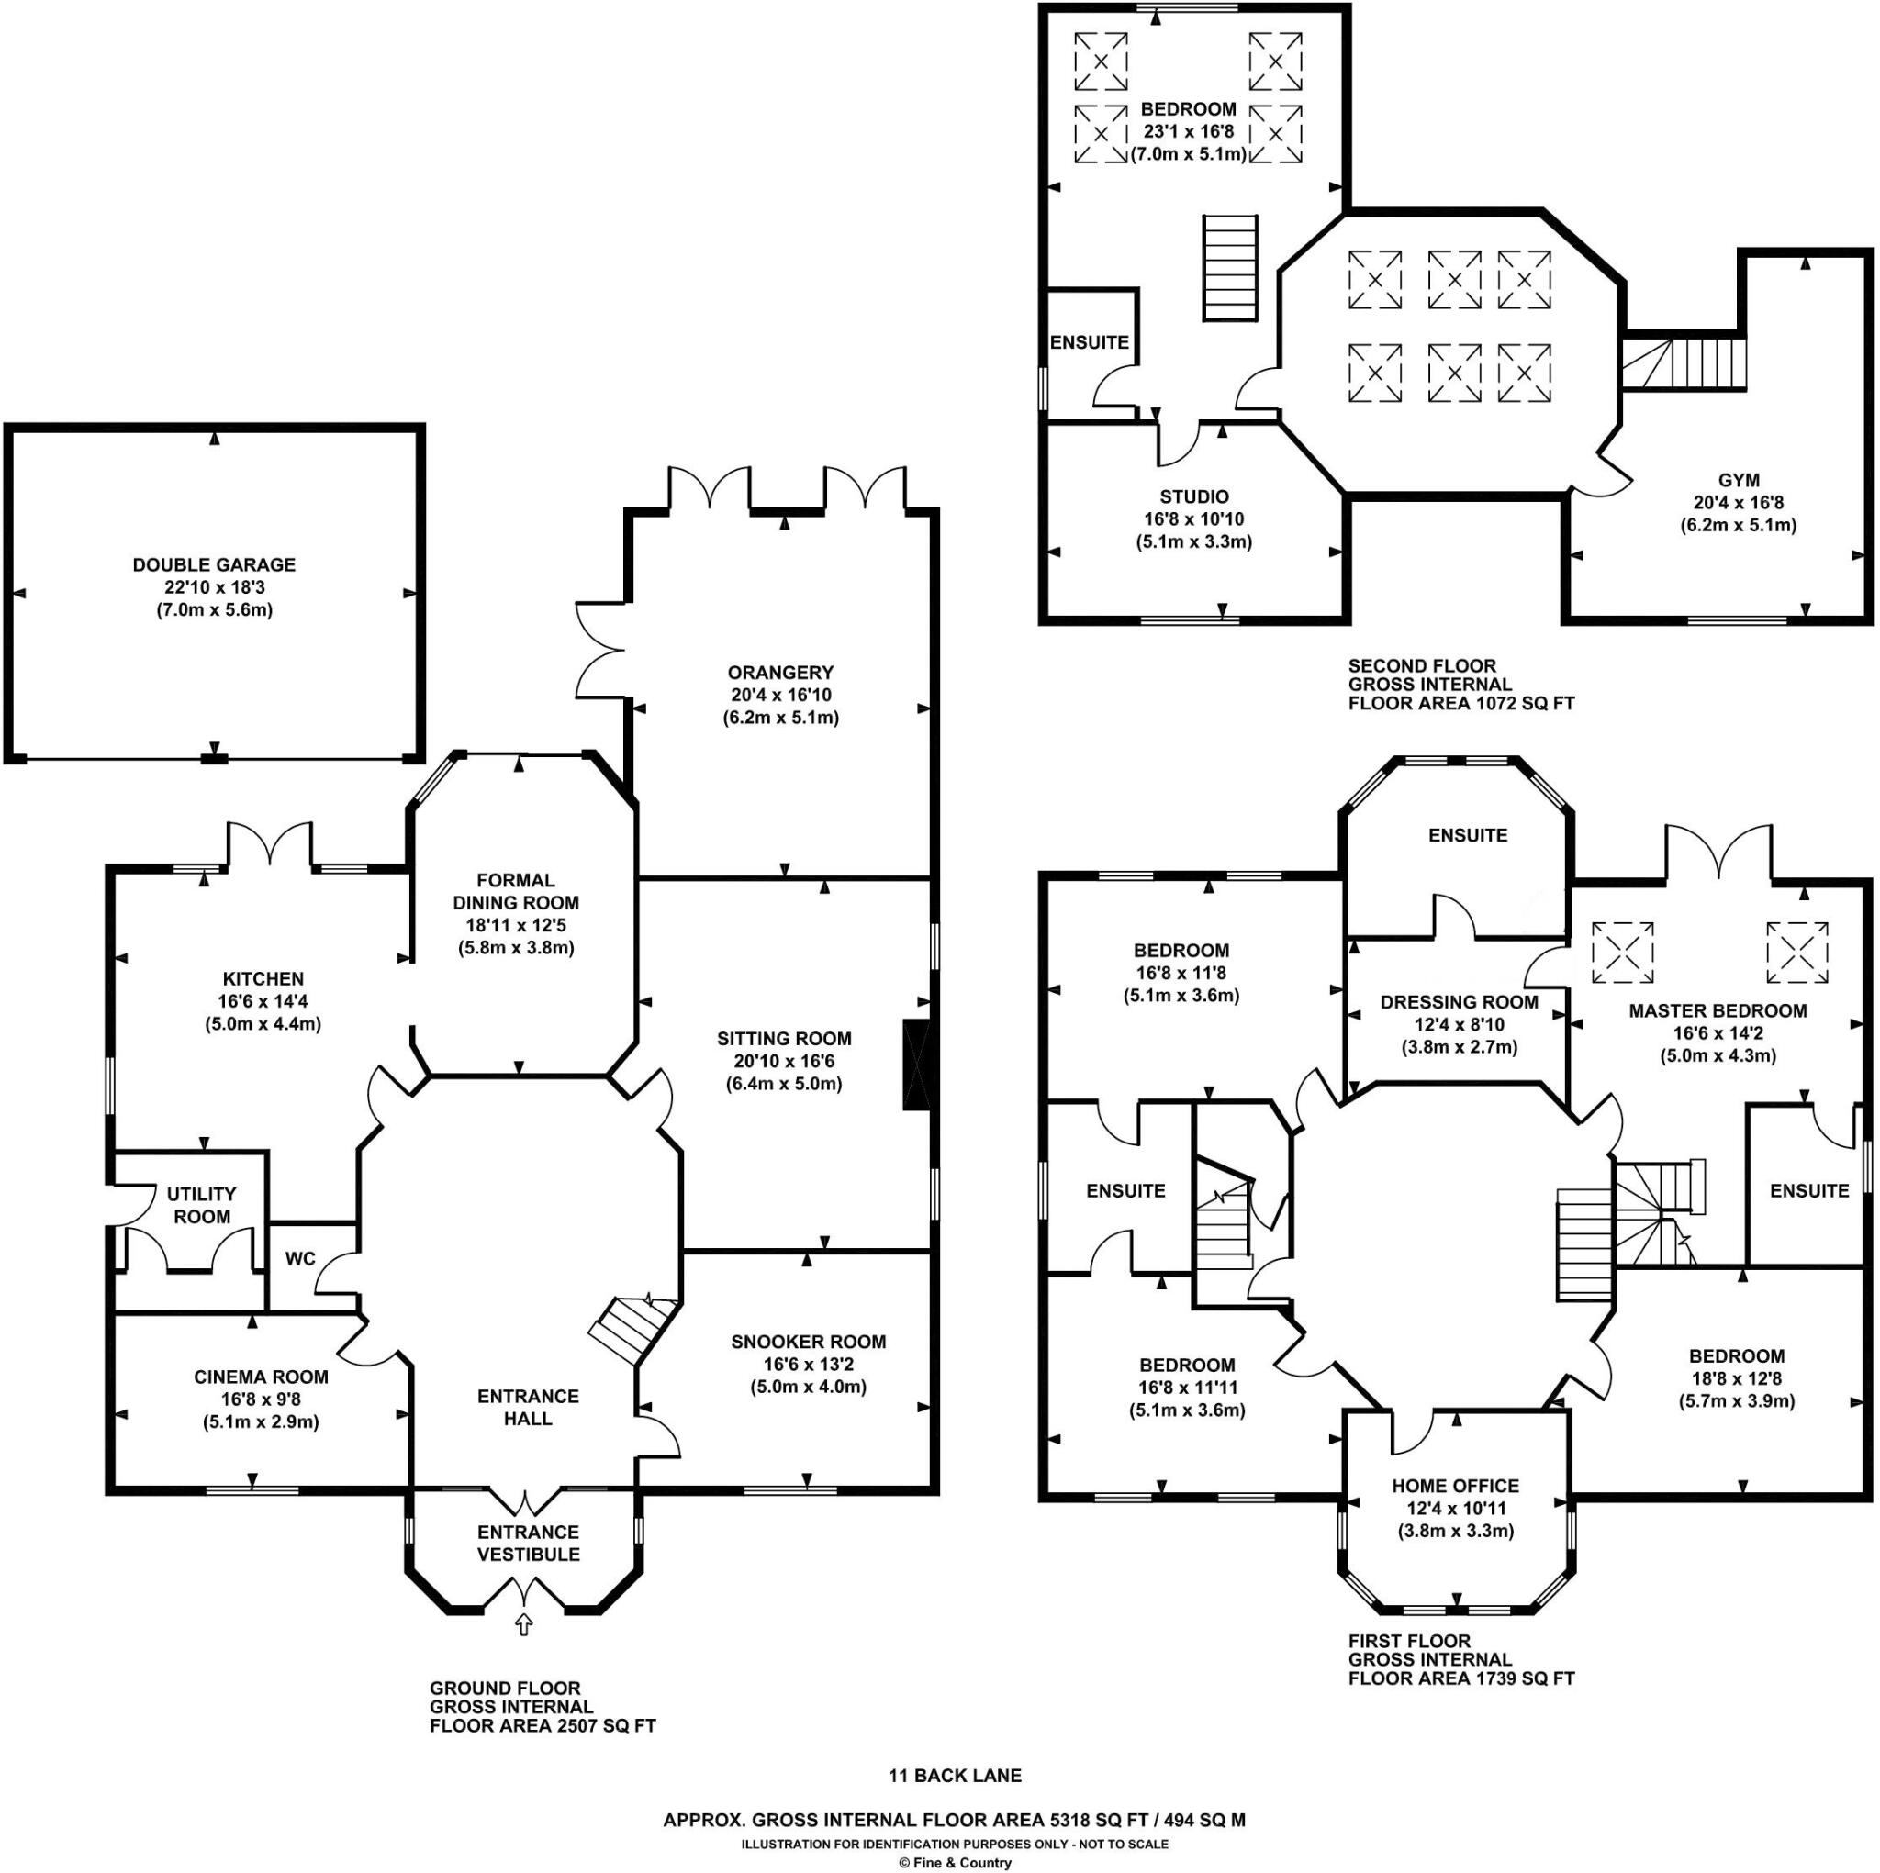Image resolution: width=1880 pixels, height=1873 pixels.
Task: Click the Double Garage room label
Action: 214,564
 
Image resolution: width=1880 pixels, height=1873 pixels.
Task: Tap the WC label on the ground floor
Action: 301,1258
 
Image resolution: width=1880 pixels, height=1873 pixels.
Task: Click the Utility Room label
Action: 201,1205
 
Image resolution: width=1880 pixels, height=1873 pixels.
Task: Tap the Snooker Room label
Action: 809,1342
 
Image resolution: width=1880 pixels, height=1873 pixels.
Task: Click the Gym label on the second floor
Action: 1738,480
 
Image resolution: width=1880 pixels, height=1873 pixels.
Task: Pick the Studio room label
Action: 1194,496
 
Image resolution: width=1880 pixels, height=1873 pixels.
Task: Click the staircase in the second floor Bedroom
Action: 1230,268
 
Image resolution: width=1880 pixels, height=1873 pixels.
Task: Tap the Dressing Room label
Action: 1459,1002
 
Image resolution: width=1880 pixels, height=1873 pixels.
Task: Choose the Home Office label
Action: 1455,1486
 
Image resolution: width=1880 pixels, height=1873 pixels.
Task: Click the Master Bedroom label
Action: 1718,1011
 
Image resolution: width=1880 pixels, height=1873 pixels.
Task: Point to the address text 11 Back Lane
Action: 955,1776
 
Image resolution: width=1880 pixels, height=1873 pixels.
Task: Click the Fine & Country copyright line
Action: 955,1862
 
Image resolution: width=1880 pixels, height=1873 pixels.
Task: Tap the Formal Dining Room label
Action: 516,891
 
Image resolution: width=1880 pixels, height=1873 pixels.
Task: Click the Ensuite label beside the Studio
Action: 1089,342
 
